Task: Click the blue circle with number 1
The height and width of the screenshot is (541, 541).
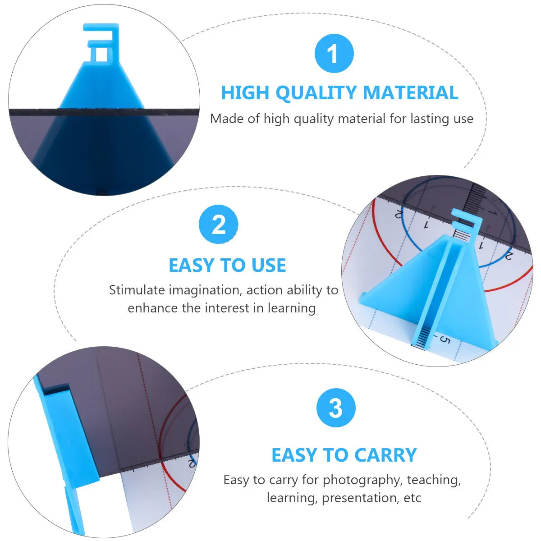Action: pyautogui.click(x=334, y=53)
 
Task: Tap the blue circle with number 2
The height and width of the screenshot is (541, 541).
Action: pyautogui.click(x=219, y=224)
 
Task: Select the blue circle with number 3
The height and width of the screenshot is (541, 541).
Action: pyautogui.click(x=336, y=408)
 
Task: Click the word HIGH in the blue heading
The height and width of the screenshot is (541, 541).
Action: pyautogui.click(x=244, y=93)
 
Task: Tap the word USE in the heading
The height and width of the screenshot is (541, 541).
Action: pyautogui.click(x=269, y=265)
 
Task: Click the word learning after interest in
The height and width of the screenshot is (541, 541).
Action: pyautogui.click(x=292, y=308)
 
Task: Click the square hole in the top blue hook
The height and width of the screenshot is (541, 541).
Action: pyautogui.click(x=101, y=55)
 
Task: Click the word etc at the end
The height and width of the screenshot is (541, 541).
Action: pyautogui.click(x=413, y=498)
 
